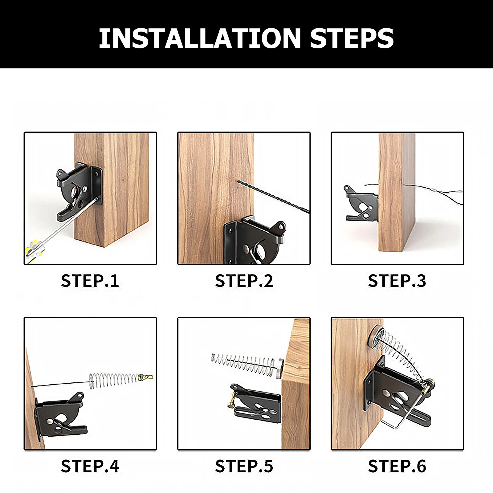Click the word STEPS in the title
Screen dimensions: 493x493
[352, 38]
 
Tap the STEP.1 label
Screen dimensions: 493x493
[90, 281]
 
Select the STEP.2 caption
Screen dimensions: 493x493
[244, 281]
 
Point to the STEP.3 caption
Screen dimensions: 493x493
[397, 281]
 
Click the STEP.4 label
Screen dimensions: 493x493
[90, 466]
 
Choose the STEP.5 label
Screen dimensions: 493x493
[244, 466]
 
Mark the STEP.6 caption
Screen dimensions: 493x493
[397, 466]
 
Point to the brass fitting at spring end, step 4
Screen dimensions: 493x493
[146, 377]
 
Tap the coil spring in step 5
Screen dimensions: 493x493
[243, 364]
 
